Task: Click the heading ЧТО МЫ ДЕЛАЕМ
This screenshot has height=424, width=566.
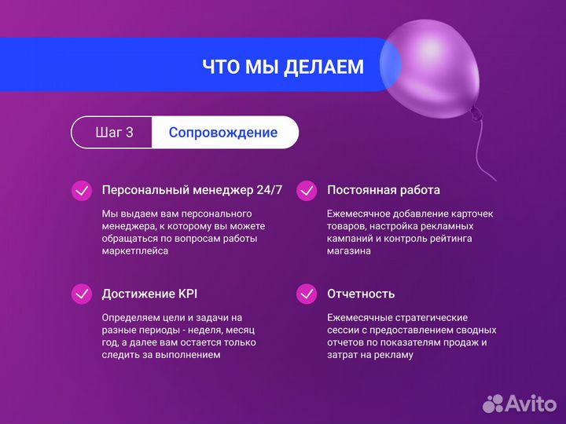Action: pos(283,67)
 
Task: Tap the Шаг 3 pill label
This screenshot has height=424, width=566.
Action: pos(114,133)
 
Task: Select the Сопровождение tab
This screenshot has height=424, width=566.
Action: pos(223,133)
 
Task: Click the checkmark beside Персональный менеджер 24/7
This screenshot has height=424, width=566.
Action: pos(81,191)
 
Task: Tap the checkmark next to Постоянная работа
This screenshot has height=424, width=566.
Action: pos(307,191)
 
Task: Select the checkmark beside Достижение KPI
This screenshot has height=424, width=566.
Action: pos(81,294)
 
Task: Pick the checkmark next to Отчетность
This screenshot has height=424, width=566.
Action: pos(307,294)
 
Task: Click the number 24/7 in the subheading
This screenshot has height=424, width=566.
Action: pos(269,191)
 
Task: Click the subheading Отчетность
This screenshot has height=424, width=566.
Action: pos(361,294)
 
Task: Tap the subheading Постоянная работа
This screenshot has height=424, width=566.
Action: pos(384,191)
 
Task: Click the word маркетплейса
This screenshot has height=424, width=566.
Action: pos(134,251)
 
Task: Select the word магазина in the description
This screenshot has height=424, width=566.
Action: pos(349,251)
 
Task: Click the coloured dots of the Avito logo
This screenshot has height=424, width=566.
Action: pos(493,403)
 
